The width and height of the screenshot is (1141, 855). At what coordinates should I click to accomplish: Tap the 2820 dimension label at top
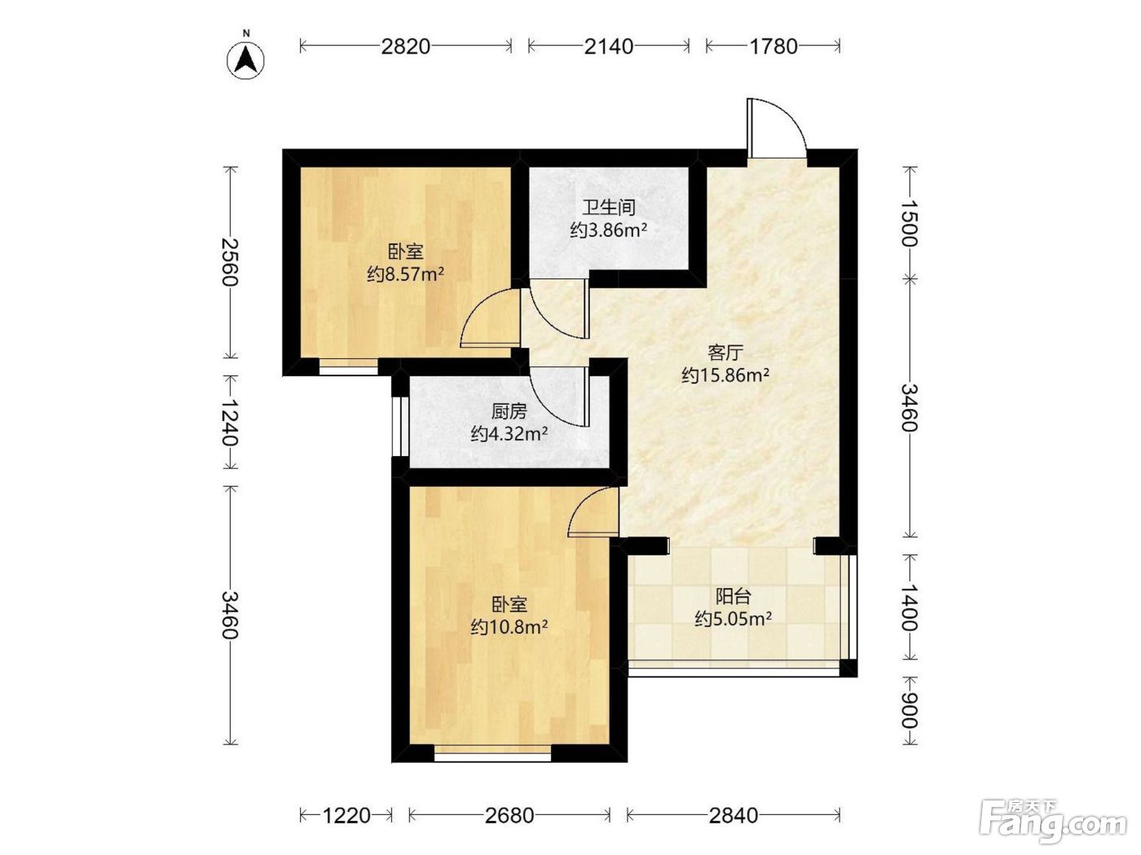(405, 46)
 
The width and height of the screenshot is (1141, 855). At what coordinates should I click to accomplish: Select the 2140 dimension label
(608, 46)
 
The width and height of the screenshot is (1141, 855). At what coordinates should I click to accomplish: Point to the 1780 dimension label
(773, 46)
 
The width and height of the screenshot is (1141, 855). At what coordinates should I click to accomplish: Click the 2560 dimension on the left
(230, 262)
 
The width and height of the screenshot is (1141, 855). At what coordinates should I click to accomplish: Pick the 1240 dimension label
(230, 422)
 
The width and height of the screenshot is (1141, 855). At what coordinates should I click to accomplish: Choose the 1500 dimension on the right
(910, 224)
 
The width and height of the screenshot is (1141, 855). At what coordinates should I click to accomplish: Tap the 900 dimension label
(910, 711)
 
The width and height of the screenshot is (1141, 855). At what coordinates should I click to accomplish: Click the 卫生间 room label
(608, 207)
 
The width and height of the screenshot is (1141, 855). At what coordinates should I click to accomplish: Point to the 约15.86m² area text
(725, 375)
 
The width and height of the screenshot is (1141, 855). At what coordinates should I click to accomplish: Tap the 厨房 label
(509, 411)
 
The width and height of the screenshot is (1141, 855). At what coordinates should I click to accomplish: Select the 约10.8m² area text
(509, 628)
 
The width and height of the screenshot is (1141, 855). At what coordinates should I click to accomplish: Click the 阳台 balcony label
(733, 597)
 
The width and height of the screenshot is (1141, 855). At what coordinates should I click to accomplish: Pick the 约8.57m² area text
(405, 274)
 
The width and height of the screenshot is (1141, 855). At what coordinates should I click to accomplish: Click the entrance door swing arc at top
(790, 116)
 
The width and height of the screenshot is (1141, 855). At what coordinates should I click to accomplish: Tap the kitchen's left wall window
(400, 427)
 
